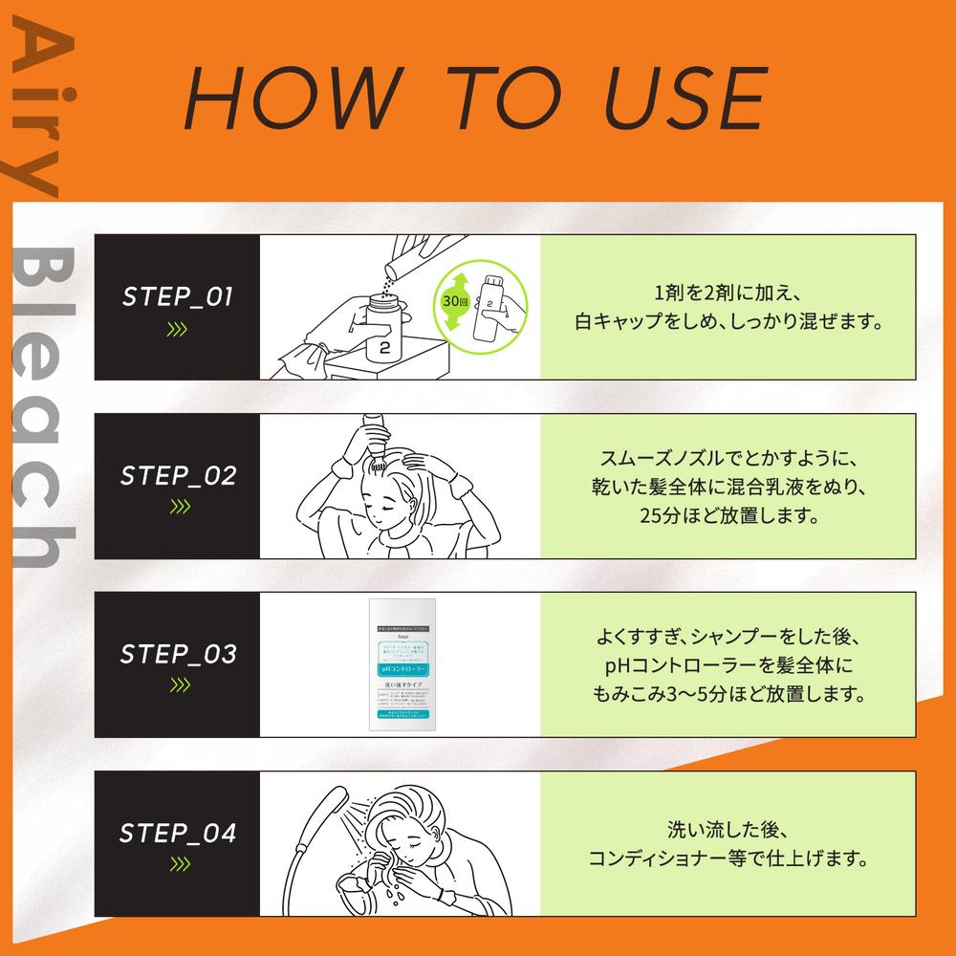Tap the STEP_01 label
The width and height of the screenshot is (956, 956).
point(178,297)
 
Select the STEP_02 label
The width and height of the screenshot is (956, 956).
point(178,476)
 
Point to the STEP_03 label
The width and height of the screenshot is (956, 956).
point(178,655)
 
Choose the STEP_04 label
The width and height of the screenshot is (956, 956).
point(178,833)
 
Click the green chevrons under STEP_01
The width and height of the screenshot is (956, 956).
point(177,331)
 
